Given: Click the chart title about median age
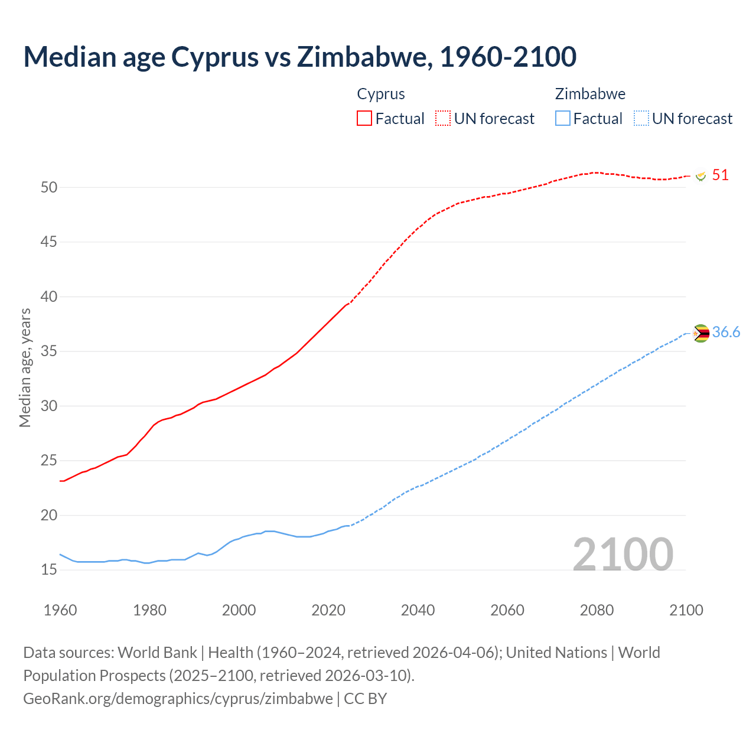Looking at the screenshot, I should pos(299,57).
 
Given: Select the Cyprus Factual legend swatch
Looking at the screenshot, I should pos(364,118).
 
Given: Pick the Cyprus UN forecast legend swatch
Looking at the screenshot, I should pos(443,118).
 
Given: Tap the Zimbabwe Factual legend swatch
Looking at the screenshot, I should pos(562,118).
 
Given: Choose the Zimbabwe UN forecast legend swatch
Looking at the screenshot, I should pos(641,118).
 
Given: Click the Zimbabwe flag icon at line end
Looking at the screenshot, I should pos(700,333).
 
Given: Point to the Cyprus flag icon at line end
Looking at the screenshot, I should pos(701,176).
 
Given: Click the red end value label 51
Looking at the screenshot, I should pos(720,175).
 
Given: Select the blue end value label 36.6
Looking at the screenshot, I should pos(726,332).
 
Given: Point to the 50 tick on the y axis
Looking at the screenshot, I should pos(49,187).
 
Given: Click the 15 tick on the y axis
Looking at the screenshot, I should pos(49,570).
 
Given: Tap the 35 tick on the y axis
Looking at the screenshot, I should pos(49,351).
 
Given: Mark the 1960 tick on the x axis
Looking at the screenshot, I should pos(60,610).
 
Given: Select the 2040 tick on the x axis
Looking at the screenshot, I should pos(418,610).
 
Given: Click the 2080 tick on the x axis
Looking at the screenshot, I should pos(597,610).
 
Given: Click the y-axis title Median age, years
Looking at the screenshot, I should pos(25,367).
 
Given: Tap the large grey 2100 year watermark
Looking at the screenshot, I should pos(623,554).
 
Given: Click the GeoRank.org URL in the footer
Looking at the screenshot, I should pos(178,698).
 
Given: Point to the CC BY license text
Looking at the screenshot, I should pos(365,698).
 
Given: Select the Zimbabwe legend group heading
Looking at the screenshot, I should pos(590,94).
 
